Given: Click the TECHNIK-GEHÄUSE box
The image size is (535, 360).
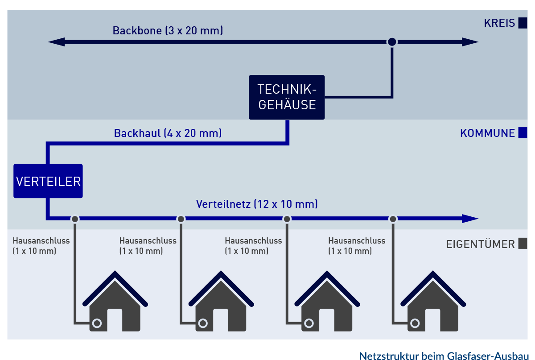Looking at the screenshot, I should coord(287,97).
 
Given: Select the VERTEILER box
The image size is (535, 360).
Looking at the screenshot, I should coord(48,181).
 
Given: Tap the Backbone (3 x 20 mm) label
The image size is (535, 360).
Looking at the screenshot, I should coord(168,31).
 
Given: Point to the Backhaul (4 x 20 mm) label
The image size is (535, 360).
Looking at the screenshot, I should coord(168,133).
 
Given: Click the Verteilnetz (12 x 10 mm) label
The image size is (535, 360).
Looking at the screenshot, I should coord(257,204).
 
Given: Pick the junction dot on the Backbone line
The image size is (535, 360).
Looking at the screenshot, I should coord(391,42).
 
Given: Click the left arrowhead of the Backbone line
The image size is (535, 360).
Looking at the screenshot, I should coord(55,42).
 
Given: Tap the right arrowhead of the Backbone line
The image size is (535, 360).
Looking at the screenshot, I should coord(470,42).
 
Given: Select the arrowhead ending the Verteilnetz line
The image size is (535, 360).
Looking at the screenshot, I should coord(470,219).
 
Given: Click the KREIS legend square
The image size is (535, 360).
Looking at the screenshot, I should coord(523,23).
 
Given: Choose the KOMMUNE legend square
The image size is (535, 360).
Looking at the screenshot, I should coord(523,133).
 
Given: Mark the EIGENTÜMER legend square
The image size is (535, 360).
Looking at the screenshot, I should coord(523,244).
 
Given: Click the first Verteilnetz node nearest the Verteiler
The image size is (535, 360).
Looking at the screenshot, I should coord(75,219).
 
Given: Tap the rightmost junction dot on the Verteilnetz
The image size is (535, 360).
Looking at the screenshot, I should coord(393,219).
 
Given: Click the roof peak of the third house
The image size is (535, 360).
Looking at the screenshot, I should coord(328,273).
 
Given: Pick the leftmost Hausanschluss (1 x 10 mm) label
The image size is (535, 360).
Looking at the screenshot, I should coord(41,245).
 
